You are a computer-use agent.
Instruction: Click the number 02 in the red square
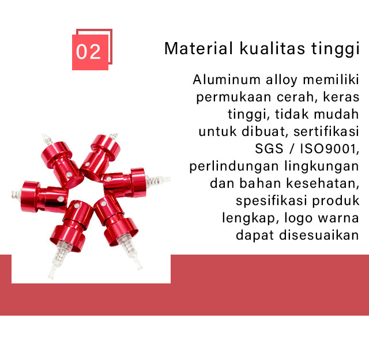(x=88, y=52)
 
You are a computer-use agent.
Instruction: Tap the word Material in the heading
(x=198, y=48)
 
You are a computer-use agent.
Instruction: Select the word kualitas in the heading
(x=272, y=48)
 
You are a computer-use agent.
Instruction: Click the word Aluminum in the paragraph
(x=227, y=79)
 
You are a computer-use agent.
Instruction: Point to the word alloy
(x=281, y=80)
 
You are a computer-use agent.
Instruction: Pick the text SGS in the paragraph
(x=269, y=149)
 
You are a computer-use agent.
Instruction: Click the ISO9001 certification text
(x=330, y=149)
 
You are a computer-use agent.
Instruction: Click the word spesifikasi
(x=272, y=201)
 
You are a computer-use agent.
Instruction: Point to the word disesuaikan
(x=319, y=235)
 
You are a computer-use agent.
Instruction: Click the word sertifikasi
(x=326, y=131)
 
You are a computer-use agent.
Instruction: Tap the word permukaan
(x=234, y=97)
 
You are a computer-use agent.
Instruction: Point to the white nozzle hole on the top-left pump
(x=69, y=175)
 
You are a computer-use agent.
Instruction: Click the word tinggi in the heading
(x=336, y=49)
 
